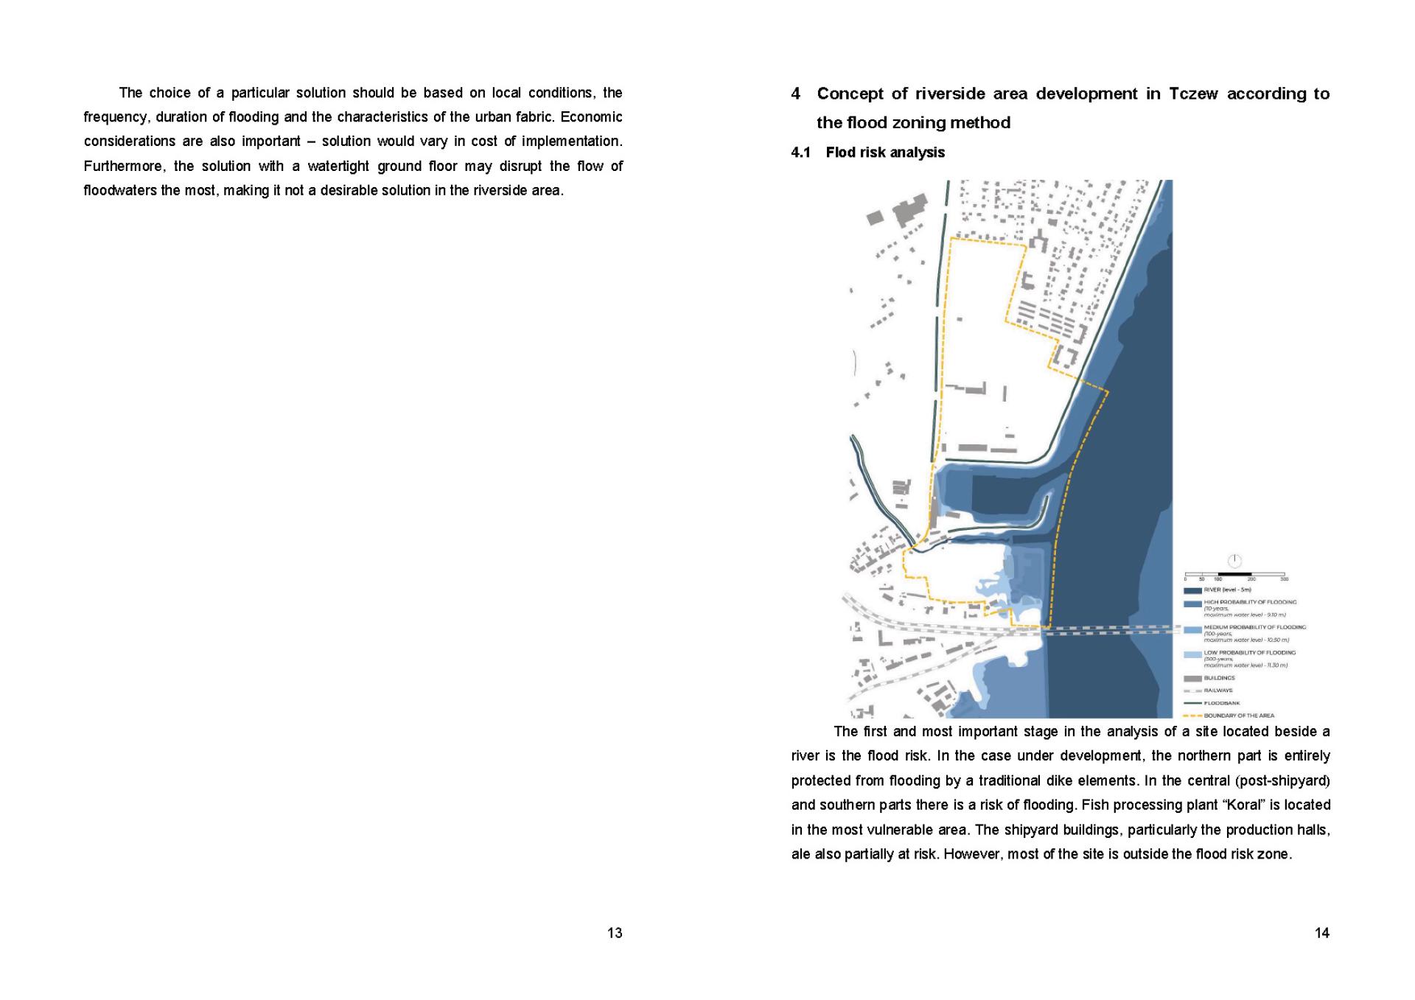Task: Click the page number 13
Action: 615,933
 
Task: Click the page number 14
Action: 1322,933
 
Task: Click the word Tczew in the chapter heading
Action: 1193,94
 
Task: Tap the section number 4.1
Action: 800,153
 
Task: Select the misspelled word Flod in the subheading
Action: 840,153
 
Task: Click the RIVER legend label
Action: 1227,590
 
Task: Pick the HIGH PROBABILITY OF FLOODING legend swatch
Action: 1192,604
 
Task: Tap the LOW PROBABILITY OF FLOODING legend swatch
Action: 1192,654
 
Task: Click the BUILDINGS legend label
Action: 1220,678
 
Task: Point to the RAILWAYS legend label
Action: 1219,690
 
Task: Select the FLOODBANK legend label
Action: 1222,703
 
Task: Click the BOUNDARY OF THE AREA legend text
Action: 1239,716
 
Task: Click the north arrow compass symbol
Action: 1235,561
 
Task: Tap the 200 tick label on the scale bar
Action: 1251,579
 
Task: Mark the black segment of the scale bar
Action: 1234,574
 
